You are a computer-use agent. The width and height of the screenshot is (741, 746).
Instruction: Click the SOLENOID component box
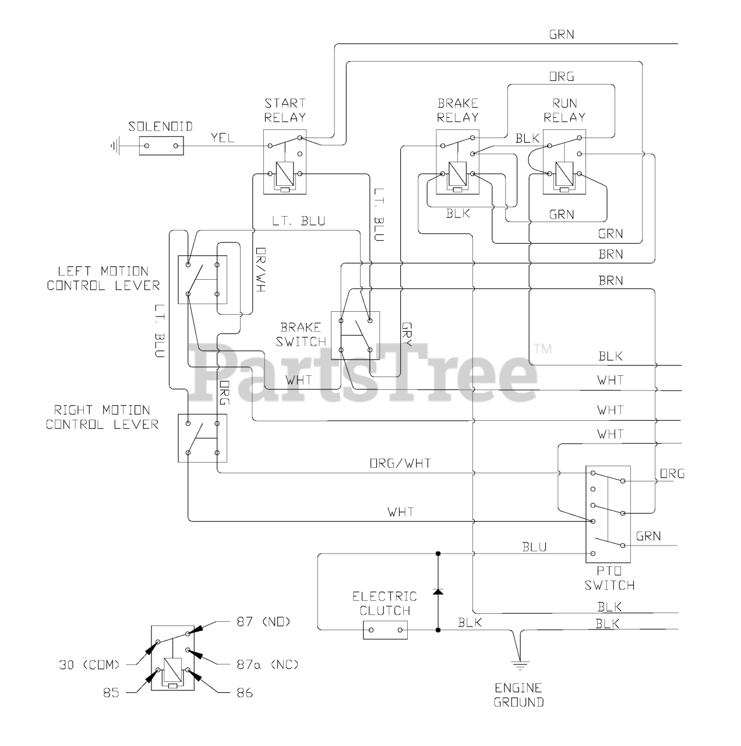pyautogui.click(x=161, y=146)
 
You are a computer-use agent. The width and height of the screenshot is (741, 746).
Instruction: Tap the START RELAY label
pyautogui.click(x=285, y=110)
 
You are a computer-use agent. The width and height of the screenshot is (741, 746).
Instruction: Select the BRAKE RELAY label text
pyautogui.click(x=458, y=110)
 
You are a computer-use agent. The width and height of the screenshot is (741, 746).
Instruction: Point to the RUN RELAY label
pyautogui.click(x=564, y=110)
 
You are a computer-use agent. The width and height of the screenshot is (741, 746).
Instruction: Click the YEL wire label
pyautogui.click(x=223, y=138)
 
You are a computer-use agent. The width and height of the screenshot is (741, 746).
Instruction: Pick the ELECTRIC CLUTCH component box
pyautogui.click(x=385, y=630)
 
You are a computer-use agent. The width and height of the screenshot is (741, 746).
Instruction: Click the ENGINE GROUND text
pyautogui.click(x=519, y=695)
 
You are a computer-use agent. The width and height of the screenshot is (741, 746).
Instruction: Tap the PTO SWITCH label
pyautogui.click(x=609, y=578)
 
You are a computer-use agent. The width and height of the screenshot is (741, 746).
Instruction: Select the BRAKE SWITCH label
pyautogui.click(x=301, y=335)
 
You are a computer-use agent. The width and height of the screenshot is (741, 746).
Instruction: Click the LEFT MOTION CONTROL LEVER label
pyautogui.click(x=103, y=279)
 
